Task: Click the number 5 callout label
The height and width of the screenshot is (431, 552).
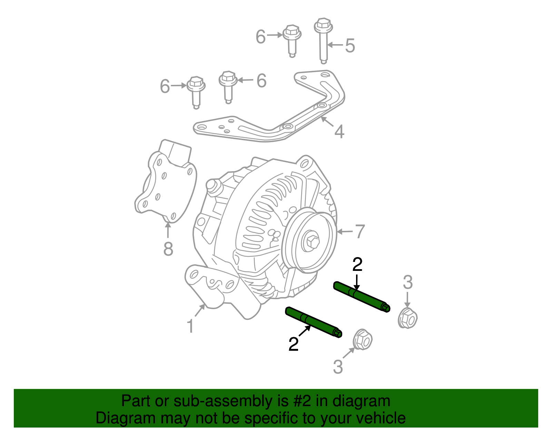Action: (x=350, y=46)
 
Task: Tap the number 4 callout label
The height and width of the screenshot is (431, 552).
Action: (x=339, y=132)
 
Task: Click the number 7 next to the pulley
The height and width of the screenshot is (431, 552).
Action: (x=359, y=231)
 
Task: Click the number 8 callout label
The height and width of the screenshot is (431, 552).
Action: (x=168, y=248)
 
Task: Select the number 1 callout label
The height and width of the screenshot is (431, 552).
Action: (x=190, y=326)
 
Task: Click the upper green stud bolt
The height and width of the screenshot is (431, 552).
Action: (x=361, y=296)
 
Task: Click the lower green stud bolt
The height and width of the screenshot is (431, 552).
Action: (x=313, y=322)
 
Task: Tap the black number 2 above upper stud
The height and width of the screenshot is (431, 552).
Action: (x=357, y=265)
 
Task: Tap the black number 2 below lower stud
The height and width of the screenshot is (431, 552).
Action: (x=293, y=344)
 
